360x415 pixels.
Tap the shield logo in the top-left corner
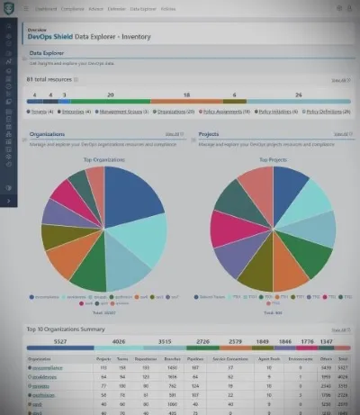click(9, 10)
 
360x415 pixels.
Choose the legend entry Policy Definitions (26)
click(328, 112)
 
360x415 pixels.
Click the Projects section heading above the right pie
click(209, 134)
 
